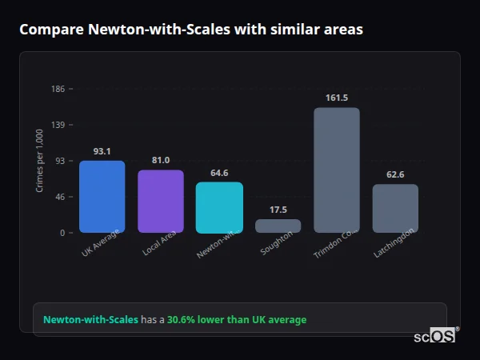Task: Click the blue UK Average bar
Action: (x=102, y=197)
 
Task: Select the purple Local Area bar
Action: (x=161, y=201)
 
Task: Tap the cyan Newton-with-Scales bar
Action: (x=219, y=207)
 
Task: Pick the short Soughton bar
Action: (x=278, y=226)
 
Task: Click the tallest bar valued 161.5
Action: (x=337, y=170)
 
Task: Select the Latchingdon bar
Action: (x=395, y=208)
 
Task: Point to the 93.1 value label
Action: (x=102, y=151)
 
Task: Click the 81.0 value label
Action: (x=161, y=160)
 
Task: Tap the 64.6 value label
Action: (x=219, y=173)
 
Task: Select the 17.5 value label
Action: (x=278, y=210)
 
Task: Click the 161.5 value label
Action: (x=337, y=98)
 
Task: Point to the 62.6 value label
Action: (x=395, y=174)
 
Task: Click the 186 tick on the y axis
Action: (x=58, y=89)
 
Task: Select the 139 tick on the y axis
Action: (x=58, y=125)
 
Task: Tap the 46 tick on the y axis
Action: (x=59, y=197)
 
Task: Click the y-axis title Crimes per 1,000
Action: (x=40, y=161)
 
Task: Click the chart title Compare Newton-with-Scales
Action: (x=191, y=30)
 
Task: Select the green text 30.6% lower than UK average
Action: (x=237, y=320)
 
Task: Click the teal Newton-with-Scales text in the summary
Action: (x=90, y=320)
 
